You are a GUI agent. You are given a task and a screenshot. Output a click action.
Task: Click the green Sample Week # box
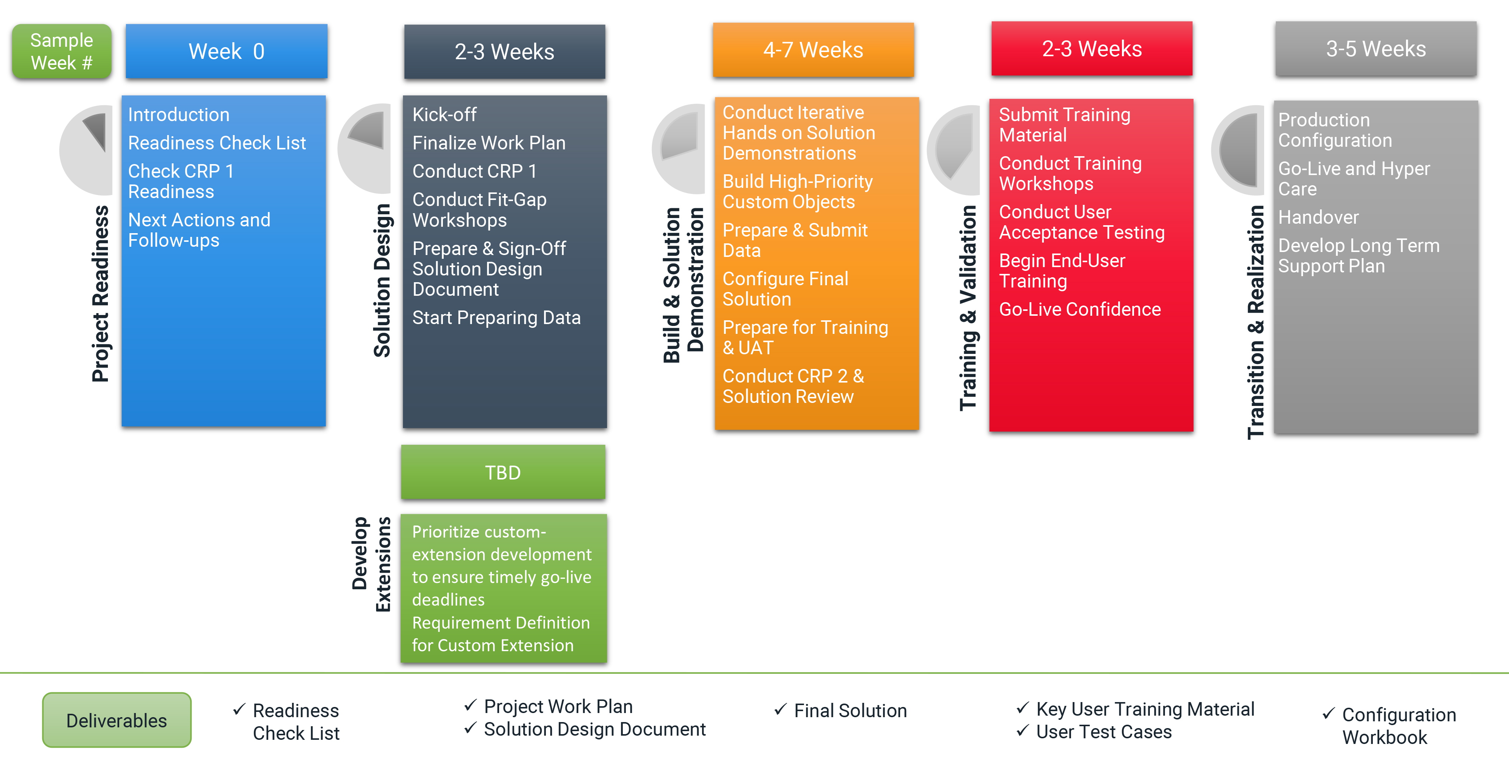point(61,52)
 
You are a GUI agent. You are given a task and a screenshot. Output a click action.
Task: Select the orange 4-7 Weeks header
point(813,50)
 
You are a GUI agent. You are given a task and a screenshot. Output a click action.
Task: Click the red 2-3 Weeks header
point(1091,49)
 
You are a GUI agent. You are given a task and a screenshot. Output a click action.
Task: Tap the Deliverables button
point(117,720)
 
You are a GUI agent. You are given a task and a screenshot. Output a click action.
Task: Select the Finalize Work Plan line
point(489,143)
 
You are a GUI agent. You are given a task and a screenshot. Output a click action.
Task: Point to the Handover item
point(1318,218)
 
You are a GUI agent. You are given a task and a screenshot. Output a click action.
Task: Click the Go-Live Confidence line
point(1080,309)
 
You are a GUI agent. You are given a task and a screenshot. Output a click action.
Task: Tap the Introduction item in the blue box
point(179,115)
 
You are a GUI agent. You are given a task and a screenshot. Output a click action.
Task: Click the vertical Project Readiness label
point(101,294)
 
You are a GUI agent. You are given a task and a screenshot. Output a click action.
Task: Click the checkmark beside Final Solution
point(780,710)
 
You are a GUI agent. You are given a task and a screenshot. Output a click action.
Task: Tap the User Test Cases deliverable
point(1103,732)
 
